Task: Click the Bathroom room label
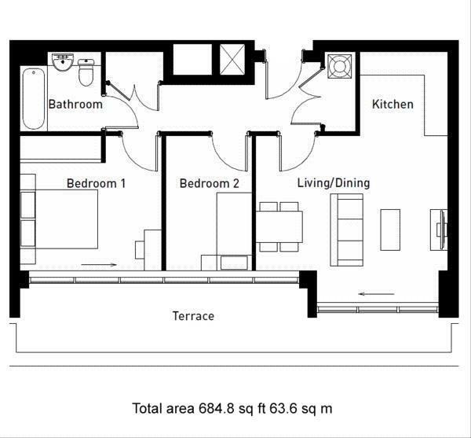(75, 105)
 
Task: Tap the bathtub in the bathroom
(34, 98)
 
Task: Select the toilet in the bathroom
(86, 72)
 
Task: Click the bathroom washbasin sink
(63, 62)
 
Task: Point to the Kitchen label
(392, 105)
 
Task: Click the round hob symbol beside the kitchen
(339, 66)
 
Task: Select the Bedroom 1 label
(96, 183)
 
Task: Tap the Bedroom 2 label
(209, 183)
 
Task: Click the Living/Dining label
(334, 183)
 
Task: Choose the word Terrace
(193, 316)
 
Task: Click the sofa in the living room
(347, 230)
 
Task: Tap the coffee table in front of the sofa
(390, 230)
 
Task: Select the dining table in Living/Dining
(279, 226)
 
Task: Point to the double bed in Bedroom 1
(59, 219)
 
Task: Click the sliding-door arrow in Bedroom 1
(99, 265)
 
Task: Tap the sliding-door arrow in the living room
(376, 294)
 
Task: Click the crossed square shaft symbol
(232, 59)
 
